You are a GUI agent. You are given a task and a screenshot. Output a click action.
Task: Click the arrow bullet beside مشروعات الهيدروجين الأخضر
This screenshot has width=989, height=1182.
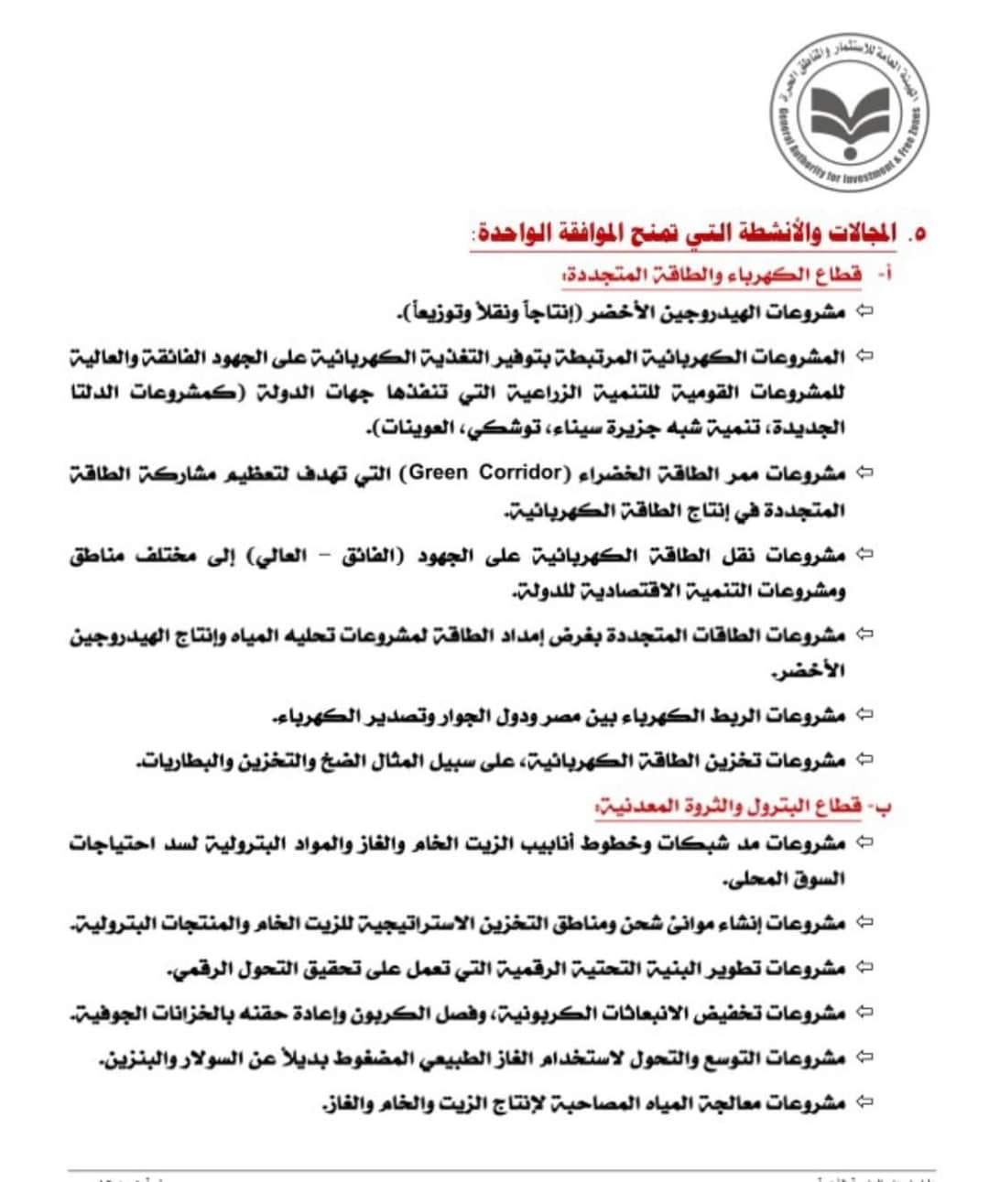(x=864, y=311)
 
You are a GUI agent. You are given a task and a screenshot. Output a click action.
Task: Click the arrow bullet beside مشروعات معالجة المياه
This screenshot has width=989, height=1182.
(x=864, y=1102)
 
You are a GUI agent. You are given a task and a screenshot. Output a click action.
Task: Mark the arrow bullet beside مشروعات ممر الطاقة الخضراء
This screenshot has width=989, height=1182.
(x=864, y=472)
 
